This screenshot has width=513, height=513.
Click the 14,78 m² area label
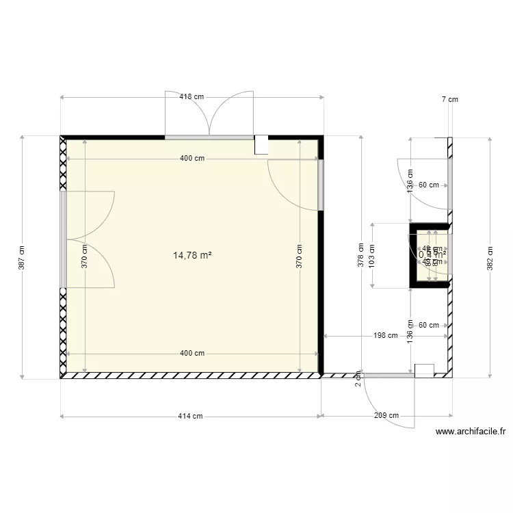[x=192, y=255]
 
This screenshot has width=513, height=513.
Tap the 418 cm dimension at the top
[x=192, y=97]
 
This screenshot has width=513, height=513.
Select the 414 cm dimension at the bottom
[x=191, y=416]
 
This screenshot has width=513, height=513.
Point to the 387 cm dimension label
[x=22, y=257]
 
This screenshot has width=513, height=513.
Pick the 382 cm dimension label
[x=490, y=257]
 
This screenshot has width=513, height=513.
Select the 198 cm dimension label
[x=386, y=336]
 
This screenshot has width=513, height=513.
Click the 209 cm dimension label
[x=386, y=416]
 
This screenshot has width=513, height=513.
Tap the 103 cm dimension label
[x=372, y=256]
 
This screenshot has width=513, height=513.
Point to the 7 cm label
[x=449, y=100]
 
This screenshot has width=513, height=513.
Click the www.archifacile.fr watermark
[x=471, y=432]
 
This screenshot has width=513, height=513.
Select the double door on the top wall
[x=209, y=115]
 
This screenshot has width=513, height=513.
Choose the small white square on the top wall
[x=261, y=144]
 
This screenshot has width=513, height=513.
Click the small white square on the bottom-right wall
[x=424, y=371]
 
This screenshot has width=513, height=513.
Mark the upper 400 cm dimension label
[x=192, y=159]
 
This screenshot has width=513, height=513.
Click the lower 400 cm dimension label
[x=192, y=354]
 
